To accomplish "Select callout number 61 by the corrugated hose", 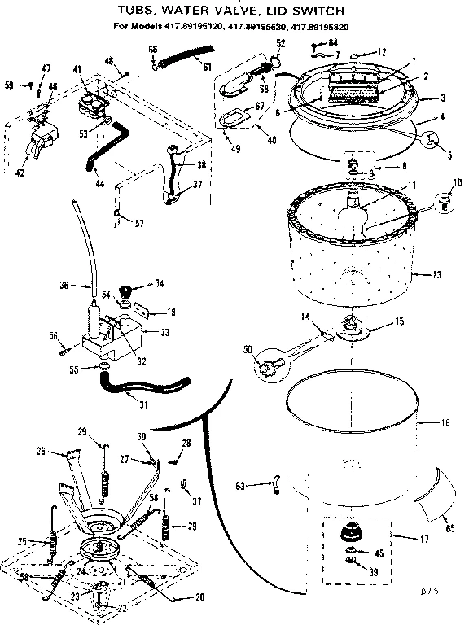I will pyautogui.click(x=206, y=66).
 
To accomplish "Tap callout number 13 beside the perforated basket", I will pyautogui.click(x=437, y=276).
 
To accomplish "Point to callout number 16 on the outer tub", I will pyautogui.click(x=445, y=424).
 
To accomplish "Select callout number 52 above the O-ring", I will pyautogui.click(x=281, y=42).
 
